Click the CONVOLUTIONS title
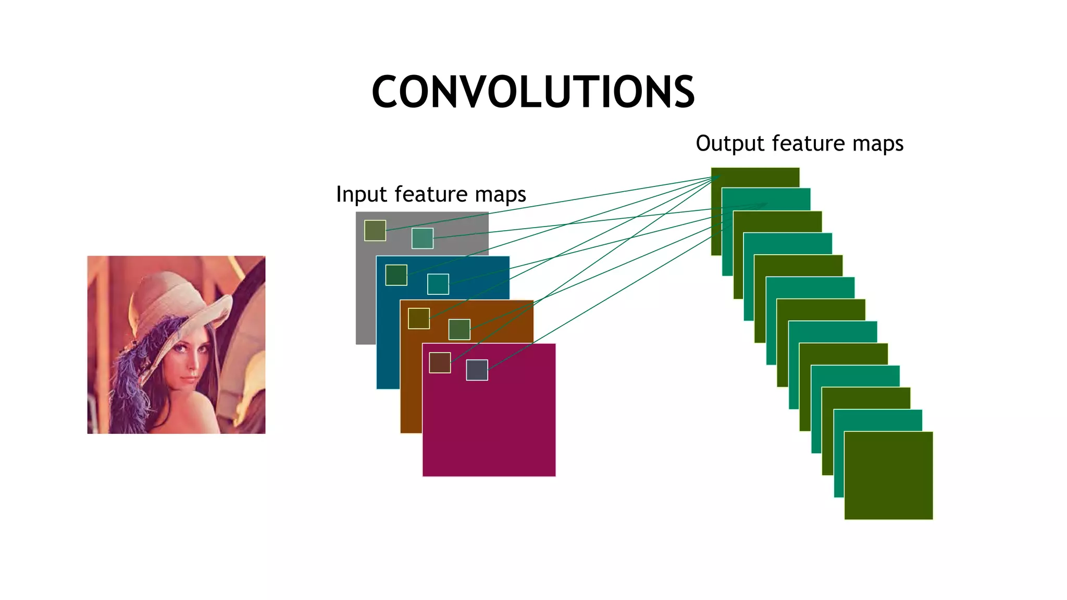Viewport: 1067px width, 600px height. (533, 92)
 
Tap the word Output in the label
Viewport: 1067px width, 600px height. (729, 144)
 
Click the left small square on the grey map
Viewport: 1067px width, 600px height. (375, 231)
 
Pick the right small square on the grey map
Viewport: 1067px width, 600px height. (423, 239)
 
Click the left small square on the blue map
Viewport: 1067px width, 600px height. (396, 275)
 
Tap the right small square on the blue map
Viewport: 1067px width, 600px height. (438, 284)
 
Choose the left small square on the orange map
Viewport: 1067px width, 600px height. (419, 318)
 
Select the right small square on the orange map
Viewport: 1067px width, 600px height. (460, 330)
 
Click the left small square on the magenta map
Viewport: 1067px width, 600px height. (440, 362)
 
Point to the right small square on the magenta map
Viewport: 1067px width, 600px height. (477, 370)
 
